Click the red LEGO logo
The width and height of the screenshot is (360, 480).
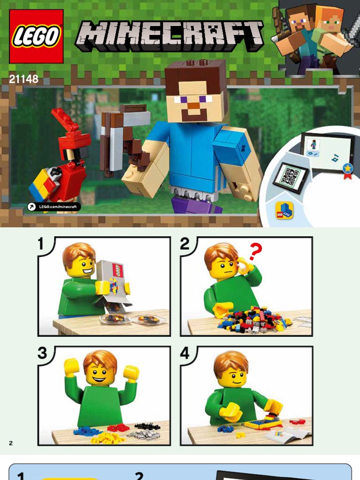[x=36, y=36]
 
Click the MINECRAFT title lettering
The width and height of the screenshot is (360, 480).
[x=169, y=36]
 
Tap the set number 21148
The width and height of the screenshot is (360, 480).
[x=23, y=79]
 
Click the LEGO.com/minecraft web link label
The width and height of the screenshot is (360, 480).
[x=54, y=207]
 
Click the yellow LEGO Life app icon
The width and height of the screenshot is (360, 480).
[x=284, y=210]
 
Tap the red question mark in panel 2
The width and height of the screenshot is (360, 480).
[x=255, y=251]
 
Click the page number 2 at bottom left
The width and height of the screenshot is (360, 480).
[x=11, y=443]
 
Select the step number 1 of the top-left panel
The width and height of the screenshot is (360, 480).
[x=41, y=244]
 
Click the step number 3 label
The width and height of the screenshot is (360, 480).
[x=42, y=352]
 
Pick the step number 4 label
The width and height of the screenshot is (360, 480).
[x=185, y=353]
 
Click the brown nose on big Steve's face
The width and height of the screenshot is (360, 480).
[x=193, y=105]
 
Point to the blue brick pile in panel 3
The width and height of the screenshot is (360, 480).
[x=87, y=431]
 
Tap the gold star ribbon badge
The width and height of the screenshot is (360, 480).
[x=347, y=171]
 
